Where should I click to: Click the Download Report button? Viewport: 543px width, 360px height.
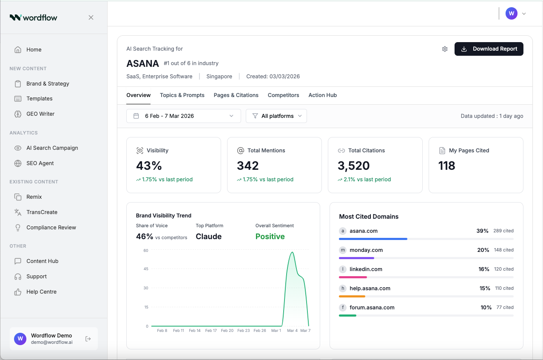[x=489, y=49]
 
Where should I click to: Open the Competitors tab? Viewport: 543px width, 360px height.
[x=283, y=95]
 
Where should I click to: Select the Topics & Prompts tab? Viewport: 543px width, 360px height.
[x=182, y=95]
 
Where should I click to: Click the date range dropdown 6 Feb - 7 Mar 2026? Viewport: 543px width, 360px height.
[x=183, y=116]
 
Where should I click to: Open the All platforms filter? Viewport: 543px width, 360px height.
[x=276, y=116]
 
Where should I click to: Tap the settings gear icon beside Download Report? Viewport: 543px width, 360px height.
[x=445, y=49]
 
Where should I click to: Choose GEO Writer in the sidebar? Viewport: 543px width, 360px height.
[x=40, y=114]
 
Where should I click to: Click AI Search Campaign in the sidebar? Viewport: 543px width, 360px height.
[x=52, y=148]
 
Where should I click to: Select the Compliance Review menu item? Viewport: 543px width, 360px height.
[x=51, y=228]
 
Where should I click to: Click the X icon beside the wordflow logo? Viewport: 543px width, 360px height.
[x=91, y=17]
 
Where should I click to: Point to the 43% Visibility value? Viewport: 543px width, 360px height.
[x=149, y=166]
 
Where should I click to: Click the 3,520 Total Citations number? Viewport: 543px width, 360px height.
[x=353, y=166]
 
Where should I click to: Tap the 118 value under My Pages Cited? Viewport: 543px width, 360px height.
[x=446, y=166]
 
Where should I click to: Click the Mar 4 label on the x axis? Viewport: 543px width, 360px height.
[x=292, y=331]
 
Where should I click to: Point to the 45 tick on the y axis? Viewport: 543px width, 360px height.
[x=146, y=269]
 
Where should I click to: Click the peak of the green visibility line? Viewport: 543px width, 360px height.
[x=292, y=252]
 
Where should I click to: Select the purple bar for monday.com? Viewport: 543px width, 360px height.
[x=356, y=258]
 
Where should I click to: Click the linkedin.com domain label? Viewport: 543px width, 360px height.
[x=366, y=269]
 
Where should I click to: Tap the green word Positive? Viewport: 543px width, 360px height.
[x=270, y=237]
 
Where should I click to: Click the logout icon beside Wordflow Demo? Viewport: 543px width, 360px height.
[x=88, y=339]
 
